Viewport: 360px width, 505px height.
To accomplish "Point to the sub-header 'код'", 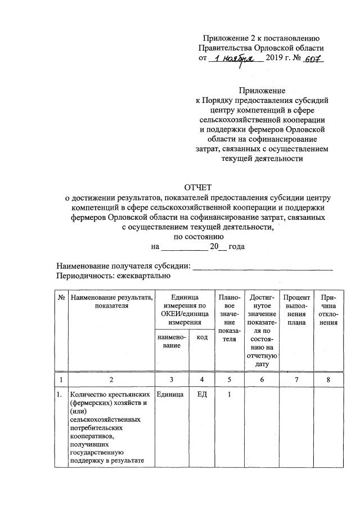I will click(202, 337).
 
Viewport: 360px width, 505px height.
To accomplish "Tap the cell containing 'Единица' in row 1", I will click(169, 395).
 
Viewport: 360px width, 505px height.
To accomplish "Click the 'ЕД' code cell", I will click(202, 395).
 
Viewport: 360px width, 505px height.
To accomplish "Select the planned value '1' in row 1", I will click(229, 395).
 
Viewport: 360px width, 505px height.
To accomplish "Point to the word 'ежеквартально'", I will click(144, 276).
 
